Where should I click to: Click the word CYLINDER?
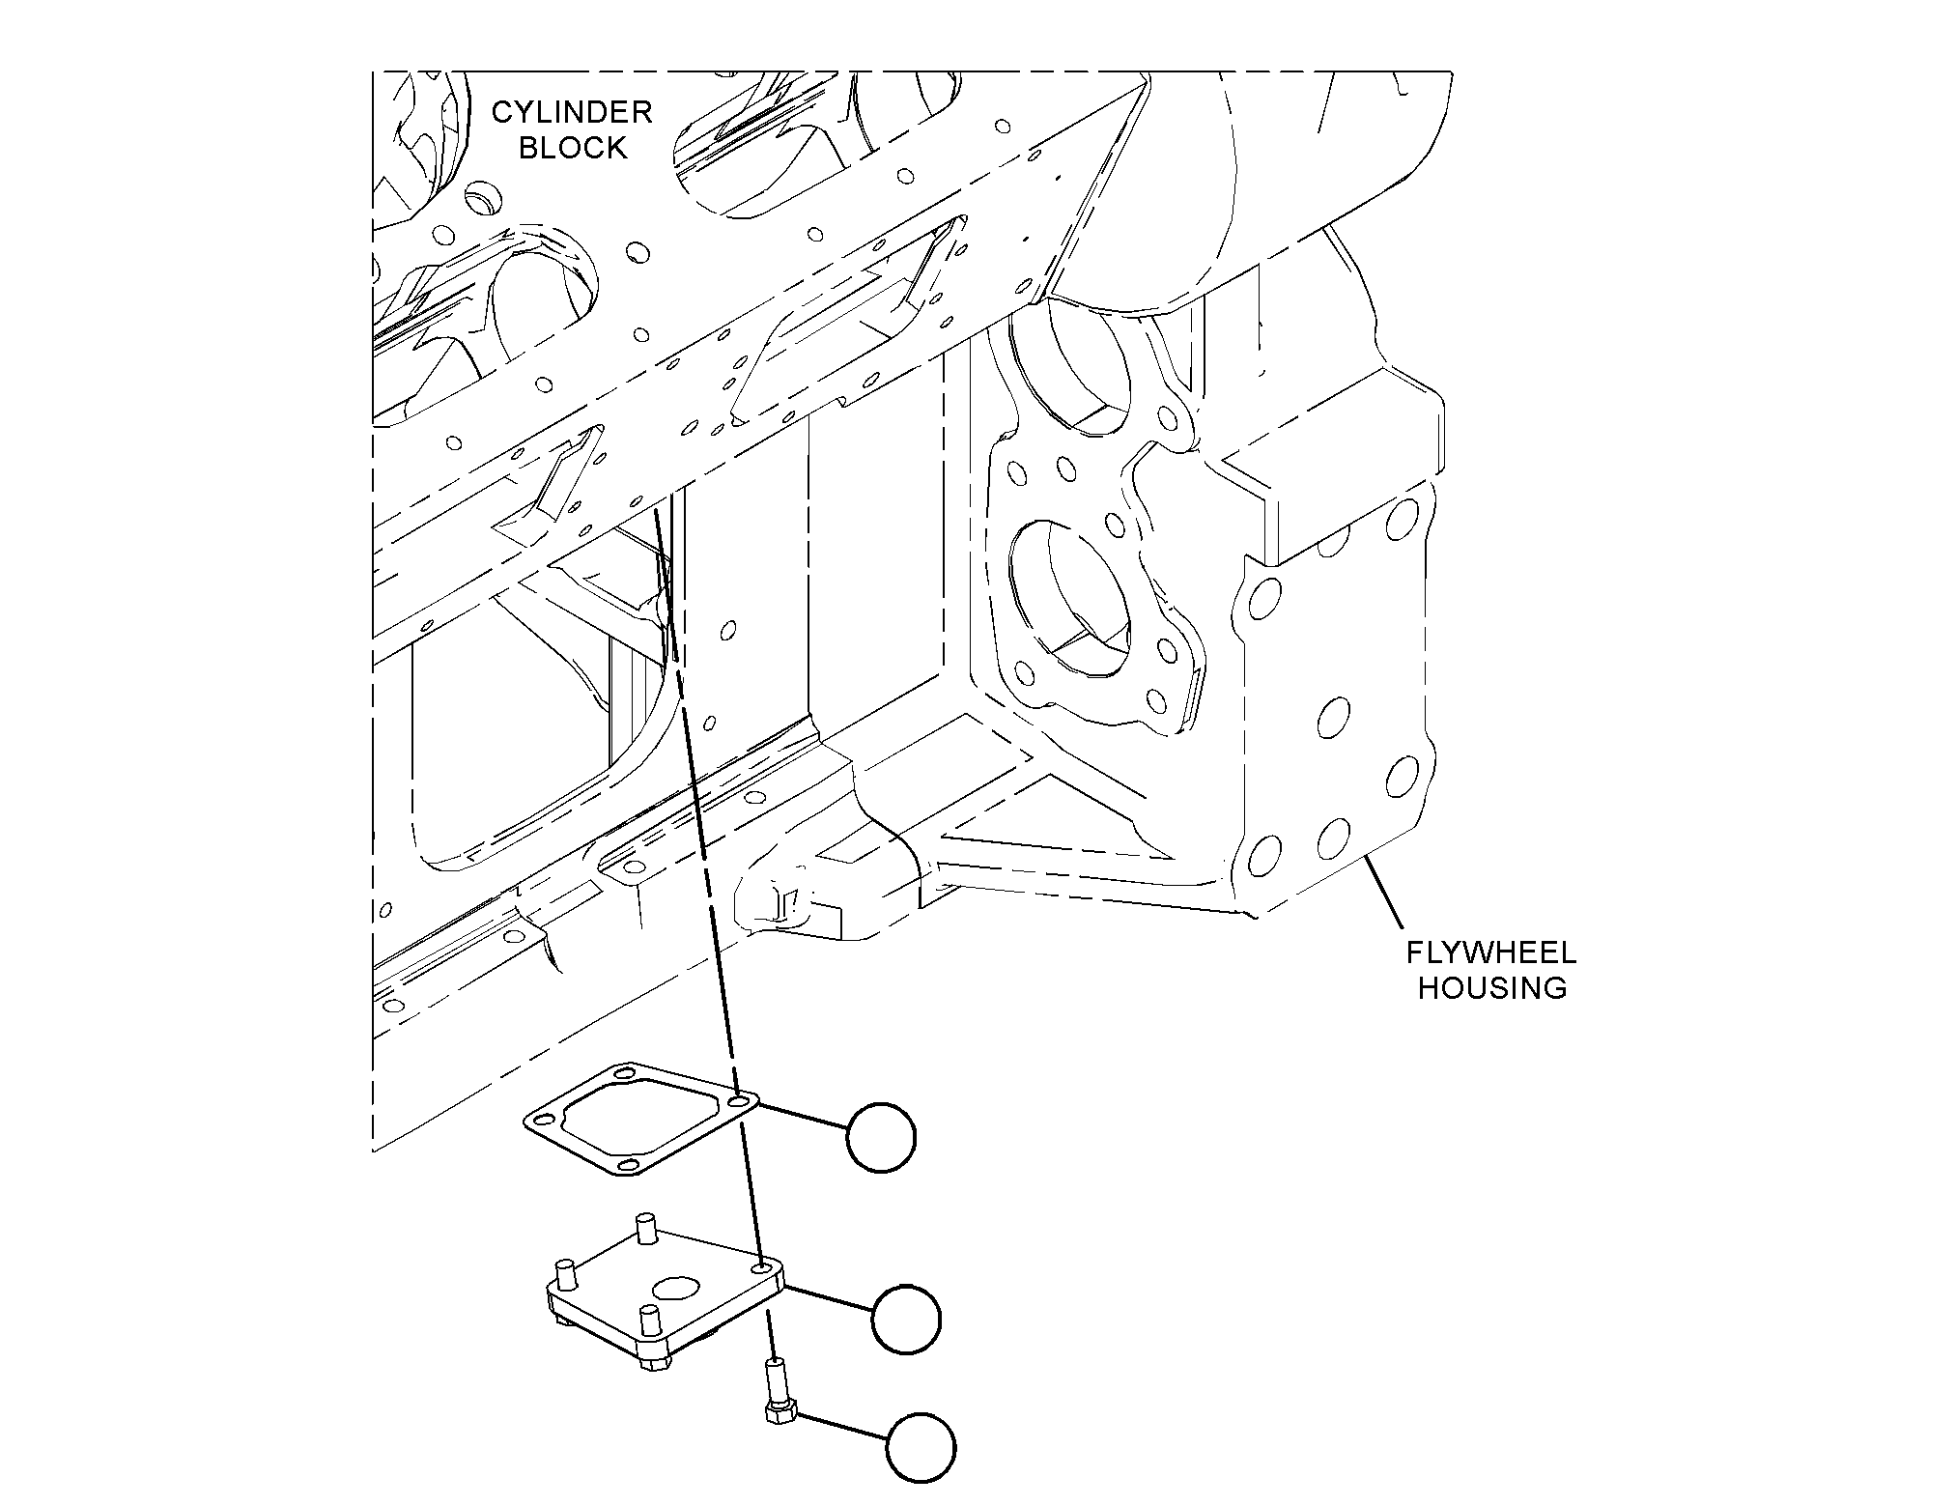(572, 113)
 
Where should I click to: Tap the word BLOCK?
(573, 149)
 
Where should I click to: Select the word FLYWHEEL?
(1490, 953)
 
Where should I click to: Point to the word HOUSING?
(1492, 989)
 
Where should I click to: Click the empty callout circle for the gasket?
(880, 1138)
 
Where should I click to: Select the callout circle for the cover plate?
(905, 1319)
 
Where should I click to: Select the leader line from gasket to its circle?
(802, 1115)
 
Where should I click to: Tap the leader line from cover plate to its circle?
(827, 1300)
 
